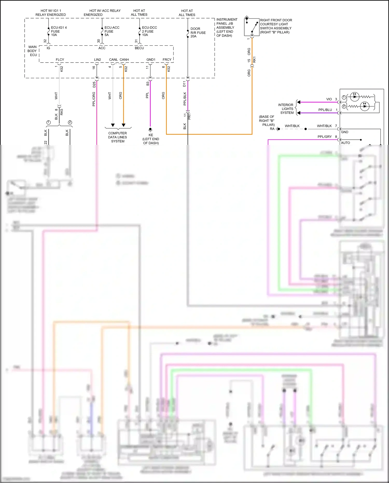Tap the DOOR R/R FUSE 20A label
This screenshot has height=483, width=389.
tap(198, 32)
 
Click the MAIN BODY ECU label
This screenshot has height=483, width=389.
tap(32, 51)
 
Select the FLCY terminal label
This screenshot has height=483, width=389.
tap(60, 60)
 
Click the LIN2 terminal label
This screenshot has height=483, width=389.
tap(98, 60)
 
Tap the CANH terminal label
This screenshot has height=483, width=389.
tap(124, 60)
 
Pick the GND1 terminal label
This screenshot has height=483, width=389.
tap(151, 60)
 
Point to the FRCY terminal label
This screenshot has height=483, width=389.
tap(167, 60)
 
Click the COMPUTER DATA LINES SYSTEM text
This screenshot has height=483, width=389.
tap(118, 137)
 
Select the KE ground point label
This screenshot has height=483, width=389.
tap(151, 135)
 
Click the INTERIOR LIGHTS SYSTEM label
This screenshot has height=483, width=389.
tap(286, 109)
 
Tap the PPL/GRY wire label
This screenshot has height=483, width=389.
tap(324, 137)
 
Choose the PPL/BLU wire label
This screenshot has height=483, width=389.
tap(325, 110)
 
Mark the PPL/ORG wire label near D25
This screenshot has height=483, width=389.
tap(94, 99)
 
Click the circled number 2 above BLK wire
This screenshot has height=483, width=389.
tap(70, 123)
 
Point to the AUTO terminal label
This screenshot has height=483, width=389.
tap(345, 143)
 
